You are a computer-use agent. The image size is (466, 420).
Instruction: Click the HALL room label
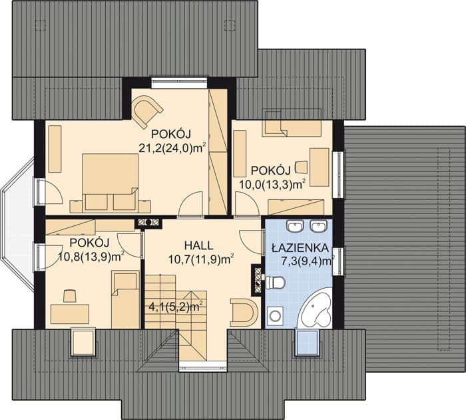pyautogui.click(x=198, y=245)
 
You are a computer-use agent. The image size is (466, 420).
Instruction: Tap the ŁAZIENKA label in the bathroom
pyautogui.click(x=300, y=247)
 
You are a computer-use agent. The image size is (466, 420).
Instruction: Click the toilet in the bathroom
pyautogui.click(x=276, y=282)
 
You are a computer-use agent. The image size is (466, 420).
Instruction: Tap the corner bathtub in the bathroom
pyautogui.click(x=315, y=311)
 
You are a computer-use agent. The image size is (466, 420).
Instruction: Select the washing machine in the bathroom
pyautogui.click(x=275, y=316)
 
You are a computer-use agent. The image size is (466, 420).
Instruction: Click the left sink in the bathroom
pyautogui.click(x=295, y=226)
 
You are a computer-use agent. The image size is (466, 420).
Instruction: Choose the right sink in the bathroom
pyautogui.click(x=318, y=226)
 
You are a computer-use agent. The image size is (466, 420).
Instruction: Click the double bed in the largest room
pyautogui.click(x=111, y=181)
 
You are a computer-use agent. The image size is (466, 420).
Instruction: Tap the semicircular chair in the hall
pyautogui.click(x=244, y=312)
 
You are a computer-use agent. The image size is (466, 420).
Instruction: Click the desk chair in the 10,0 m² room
pyautogui.click(x=301, y=167)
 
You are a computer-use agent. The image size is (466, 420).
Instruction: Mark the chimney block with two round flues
pyautogui.click(x=148, y=222)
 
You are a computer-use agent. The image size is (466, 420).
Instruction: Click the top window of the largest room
pyautogui.click(x=179, y=83)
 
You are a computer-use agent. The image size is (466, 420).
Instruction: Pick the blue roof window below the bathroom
pyautogui.click(x=308, y=342)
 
